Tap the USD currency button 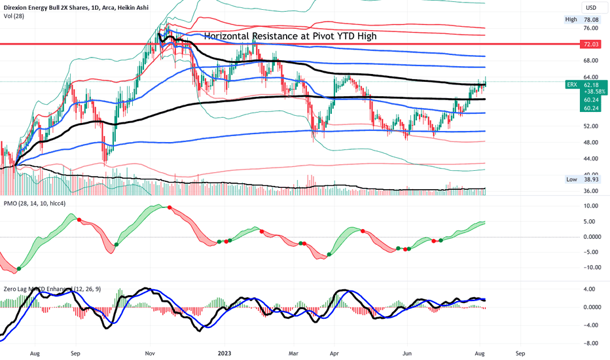590,7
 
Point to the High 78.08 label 581,20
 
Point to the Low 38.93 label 581,179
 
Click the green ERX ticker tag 571,84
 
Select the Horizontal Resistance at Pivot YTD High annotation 291,36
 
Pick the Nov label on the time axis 149,353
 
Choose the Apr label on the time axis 334,353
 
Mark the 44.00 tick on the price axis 592,158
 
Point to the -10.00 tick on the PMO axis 591,267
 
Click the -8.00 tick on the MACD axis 591,342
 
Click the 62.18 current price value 592,84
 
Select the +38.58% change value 592,92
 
